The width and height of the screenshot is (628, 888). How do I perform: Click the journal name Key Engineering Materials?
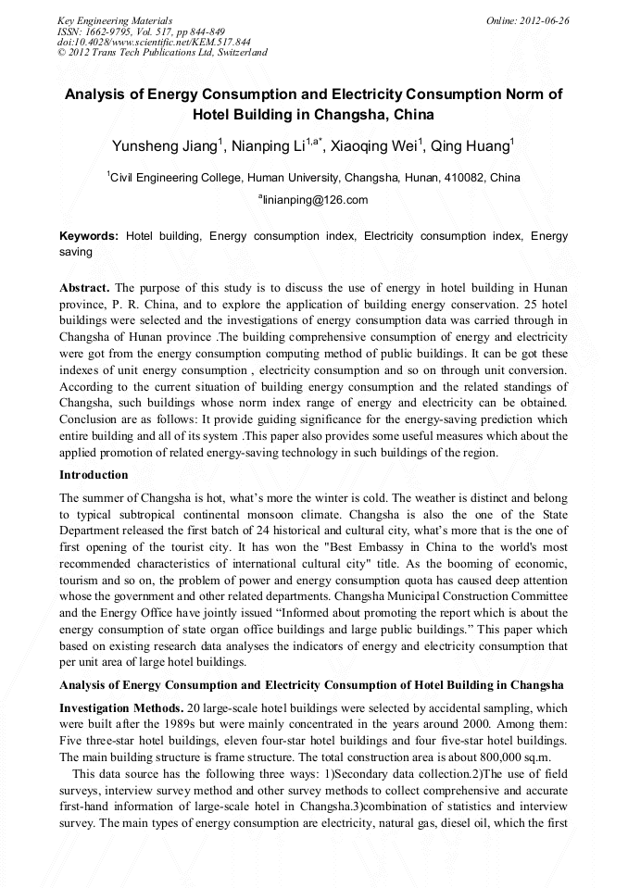point(115,20)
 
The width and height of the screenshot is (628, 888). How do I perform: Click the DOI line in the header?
point(154,42)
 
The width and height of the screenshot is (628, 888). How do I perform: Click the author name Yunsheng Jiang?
point(164,146)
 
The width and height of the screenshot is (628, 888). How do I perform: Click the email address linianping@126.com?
point(315,200)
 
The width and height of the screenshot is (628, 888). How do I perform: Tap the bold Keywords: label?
point(89,236)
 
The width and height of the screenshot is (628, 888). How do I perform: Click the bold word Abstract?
point(84,288)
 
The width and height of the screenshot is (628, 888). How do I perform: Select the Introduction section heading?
point(94,475)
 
